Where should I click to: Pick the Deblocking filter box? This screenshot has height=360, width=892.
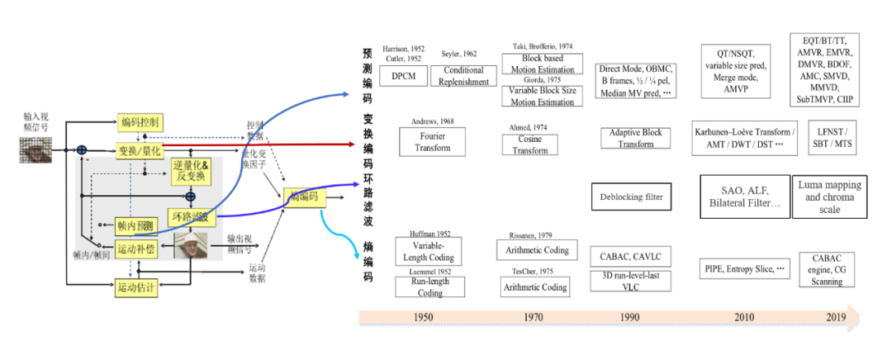coord(631,197)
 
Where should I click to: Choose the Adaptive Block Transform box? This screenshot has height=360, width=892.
coord(636,138)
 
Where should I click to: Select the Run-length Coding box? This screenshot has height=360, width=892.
coord(429,287)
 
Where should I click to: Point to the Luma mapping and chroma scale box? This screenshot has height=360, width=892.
coord(829,197)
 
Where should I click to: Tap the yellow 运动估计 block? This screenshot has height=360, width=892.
coord(135,288)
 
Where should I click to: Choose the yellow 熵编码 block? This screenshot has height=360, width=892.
coord(304,197)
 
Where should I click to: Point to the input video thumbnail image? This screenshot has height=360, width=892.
coord(36,149)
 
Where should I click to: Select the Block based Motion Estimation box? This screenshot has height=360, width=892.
coord(542,64)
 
